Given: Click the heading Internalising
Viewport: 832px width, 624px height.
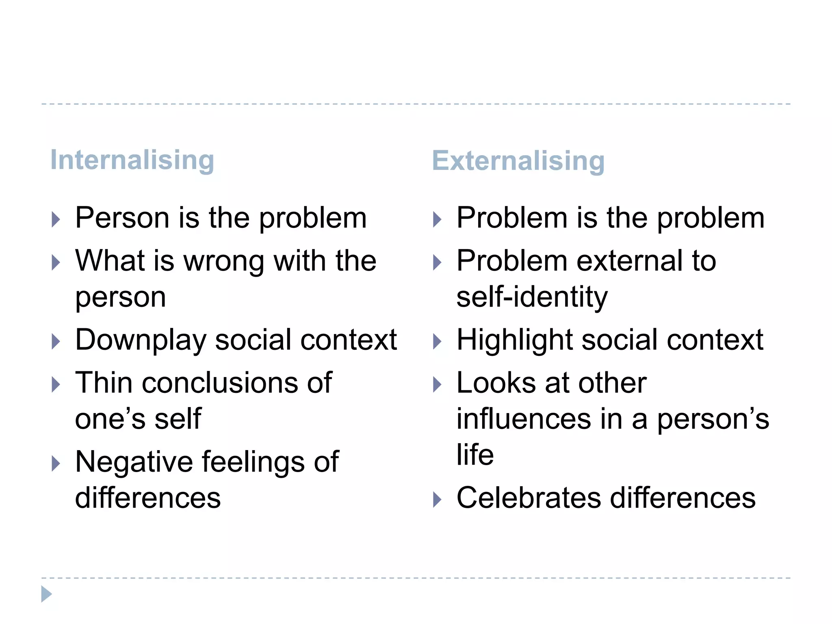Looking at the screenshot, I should coord(132,160).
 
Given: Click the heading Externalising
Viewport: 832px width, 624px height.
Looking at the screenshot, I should coord(518,161).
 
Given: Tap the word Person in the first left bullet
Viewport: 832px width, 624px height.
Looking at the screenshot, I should coord(122,218).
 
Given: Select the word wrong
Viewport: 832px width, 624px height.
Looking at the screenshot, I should coord(224,262).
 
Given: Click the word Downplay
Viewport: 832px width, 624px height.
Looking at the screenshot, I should coord(141,340).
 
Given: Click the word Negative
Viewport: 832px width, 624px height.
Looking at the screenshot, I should coord(134,462).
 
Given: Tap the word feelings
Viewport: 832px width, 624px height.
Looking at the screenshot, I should coord(253,462).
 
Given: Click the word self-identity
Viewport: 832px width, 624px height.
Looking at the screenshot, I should coord(532,297).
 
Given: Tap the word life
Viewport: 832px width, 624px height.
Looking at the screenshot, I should coord(475,455).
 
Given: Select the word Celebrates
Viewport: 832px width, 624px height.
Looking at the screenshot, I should coord(529,498).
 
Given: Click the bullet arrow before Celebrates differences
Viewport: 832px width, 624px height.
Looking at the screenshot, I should coord(437,500).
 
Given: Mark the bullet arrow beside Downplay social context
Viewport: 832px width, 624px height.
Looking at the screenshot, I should coord(56,342).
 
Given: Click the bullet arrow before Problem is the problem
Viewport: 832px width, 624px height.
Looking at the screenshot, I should coord(437,220).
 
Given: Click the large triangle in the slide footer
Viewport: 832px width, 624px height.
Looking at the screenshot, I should coord(47,594).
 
